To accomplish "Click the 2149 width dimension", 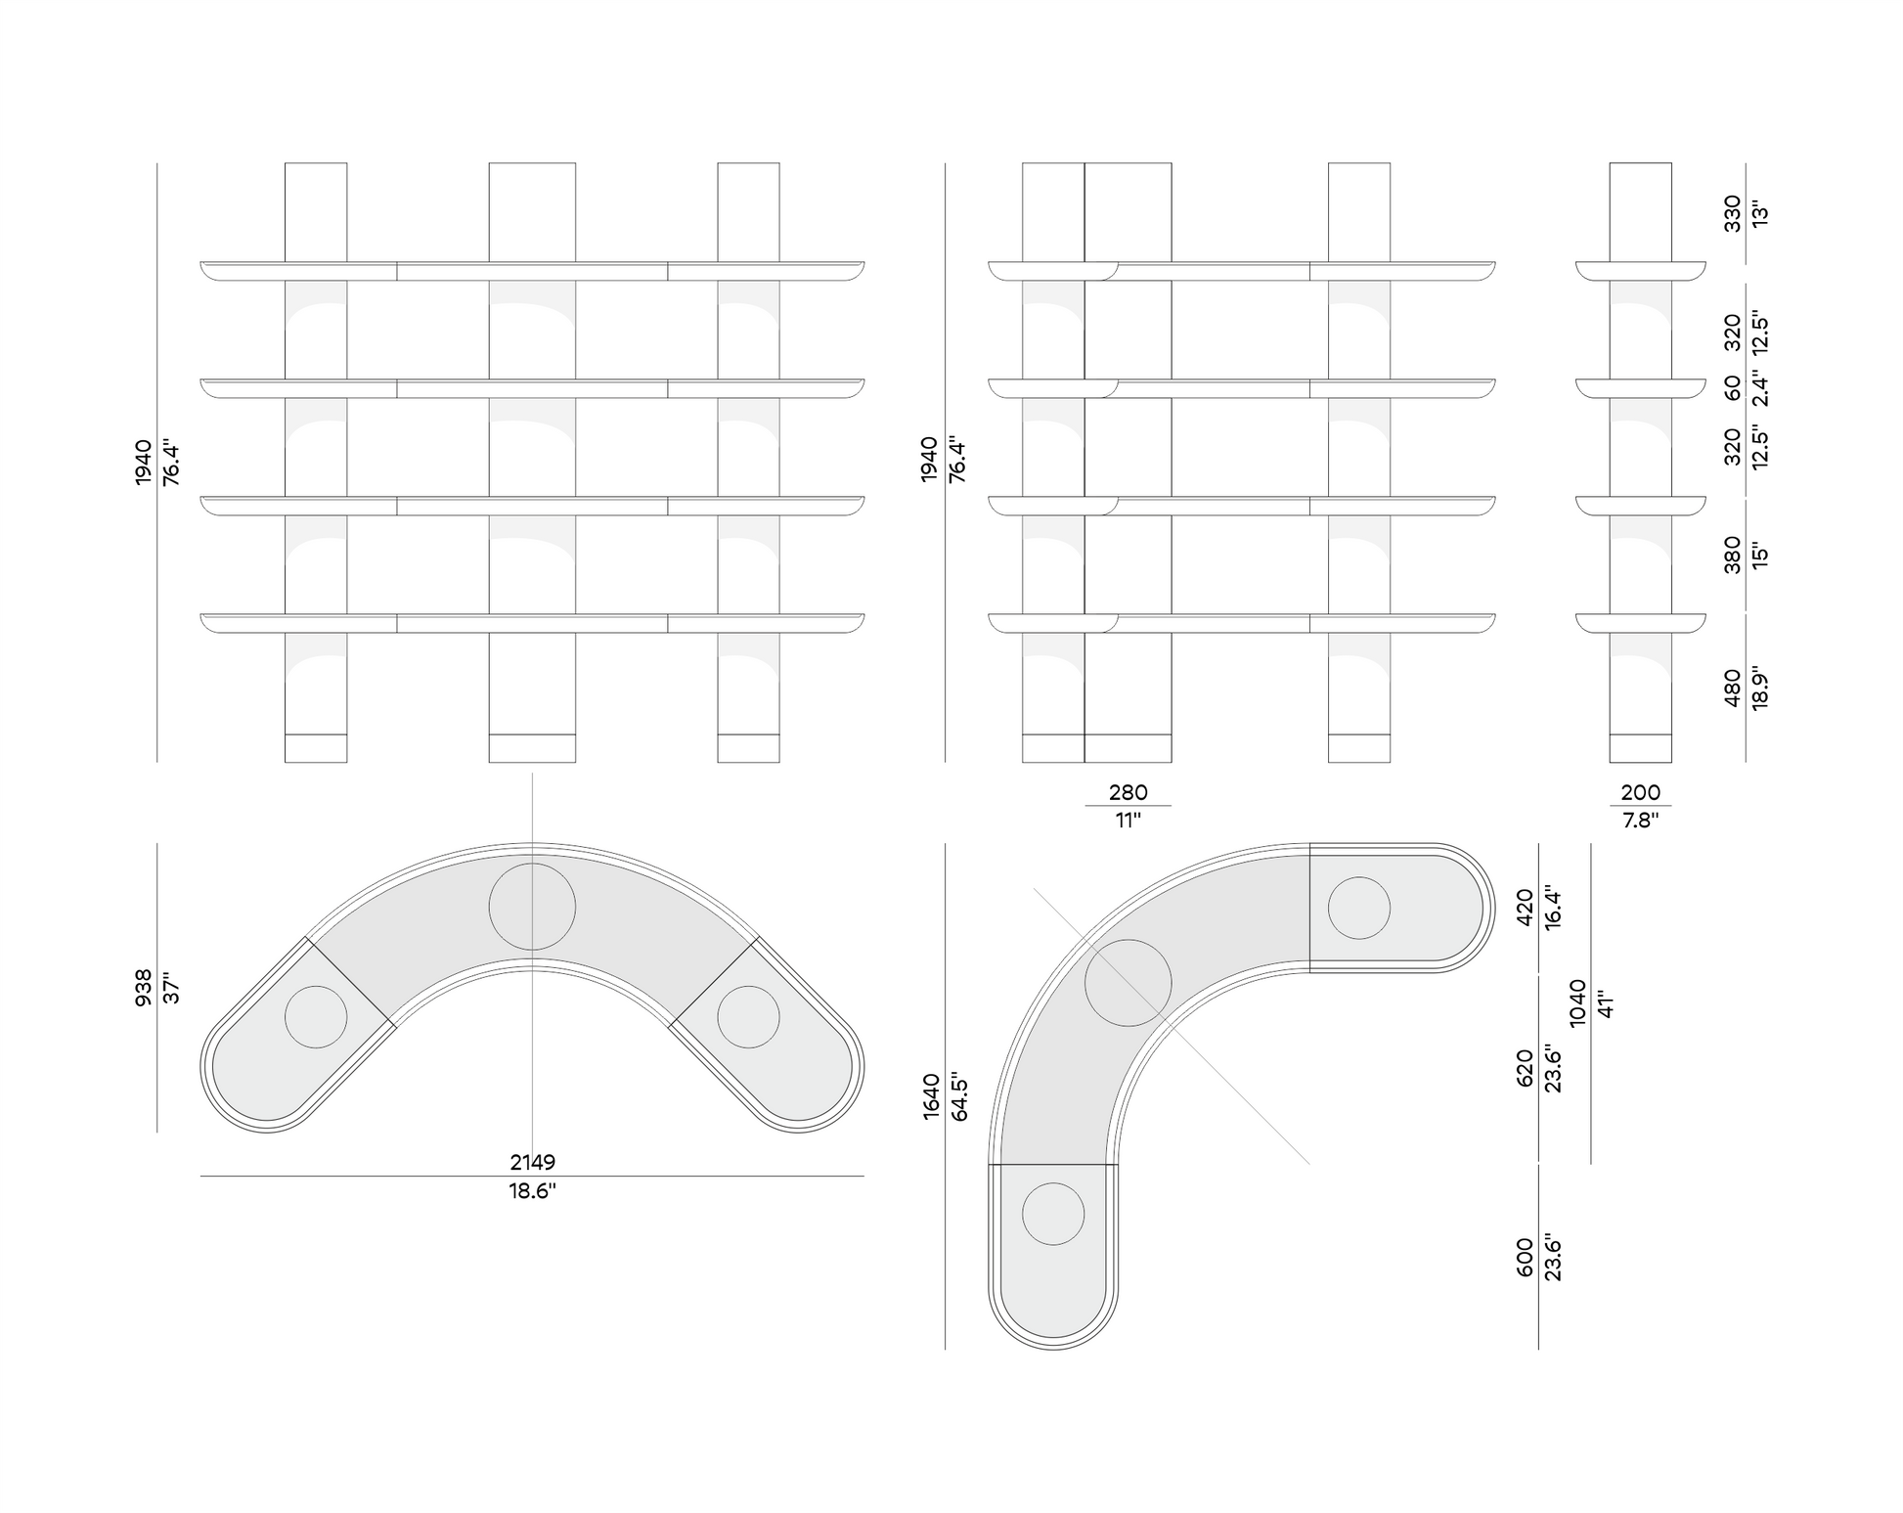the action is pyautogui.click(x=532, y=1162).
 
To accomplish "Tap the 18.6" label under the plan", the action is pyautogui.click(x=532, y=1191).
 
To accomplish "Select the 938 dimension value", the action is pyautogui.click(x=144, y=988).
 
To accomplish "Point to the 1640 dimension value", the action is pyautogui.click(x=931, y=1095).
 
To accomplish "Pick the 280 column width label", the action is pyautogui.click(x=1128, y=792).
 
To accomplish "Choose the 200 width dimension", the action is pyautogui.click(x=1640, y=792).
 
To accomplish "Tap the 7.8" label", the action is pyautogui.click(x=1640, y=821).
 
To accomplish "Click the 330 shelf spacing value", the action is pyautogui.click(x=1732, y=213).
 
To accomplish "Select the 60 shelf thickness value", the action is pyautogui.click(x=1732, y=388).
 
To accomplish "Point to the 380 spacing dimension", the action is pyautogui.click(x=1732, y=555).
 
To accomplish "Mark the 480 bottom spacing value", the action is pyautogui.click(x=1732, y=688).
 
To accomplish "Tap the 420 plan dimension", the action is pyautogui.click(x=1525, y=908).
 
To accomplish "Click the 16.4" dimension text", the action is pyautogui.click(x=1553, y=908).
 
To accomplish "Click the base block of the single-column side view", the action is pyautogui.click(x=1640, y=748).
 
